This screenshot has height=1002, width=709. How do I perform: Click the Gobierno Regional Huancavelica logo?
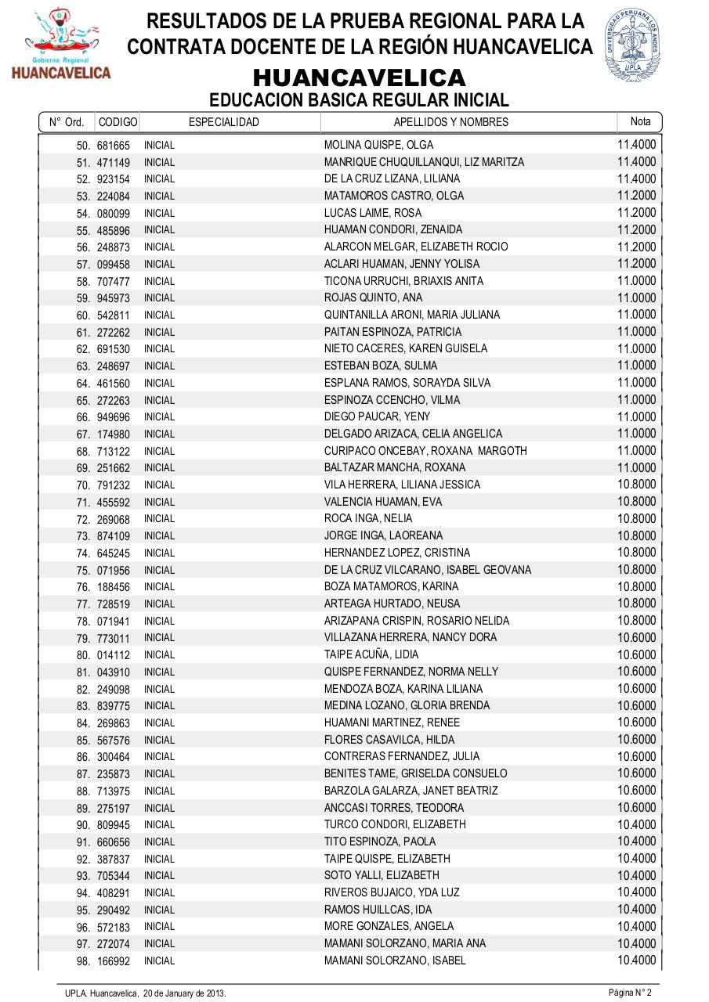[60, 44]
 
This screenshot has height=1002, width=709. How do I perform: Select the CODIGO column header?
[118, 122]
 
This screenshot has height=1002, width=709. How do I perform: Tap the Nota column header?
[640, 121]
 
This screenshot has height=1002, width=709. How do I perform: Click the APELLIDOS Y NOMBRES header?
[450, 122]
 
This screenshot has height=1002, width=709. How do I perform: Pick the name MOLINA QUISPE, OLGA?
[378, 145]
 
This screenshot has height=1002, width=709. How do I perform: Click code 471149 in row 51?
[114, 163]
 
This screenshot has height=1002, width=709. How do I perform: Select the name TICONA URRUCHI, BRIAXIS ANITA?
[403, 281]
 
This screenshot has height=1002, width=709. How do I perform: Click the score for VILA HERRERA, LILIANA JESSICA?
[636, 485]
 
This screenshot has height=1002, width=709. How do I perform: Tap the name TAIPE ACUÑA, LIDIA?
[371, 654]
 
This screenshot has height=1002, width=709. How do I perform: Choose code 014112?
[114, 655]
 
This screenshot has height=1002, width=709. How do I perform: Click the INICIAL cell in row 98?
[159, 961]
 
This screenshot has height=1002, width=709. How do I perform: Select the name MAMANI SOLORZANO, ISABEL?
[395, 961]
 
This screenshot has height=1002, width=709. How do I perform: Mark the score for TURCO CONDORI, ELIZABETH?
[636, 824]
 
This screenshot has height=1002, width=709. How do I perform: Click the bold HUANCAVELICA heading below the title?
[359, 78]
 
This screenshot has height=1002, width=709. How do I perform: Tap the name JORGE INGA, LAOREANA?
[383, 536]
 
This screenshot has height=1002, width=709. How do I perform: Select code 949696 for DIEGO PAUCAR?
[114, 417]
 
